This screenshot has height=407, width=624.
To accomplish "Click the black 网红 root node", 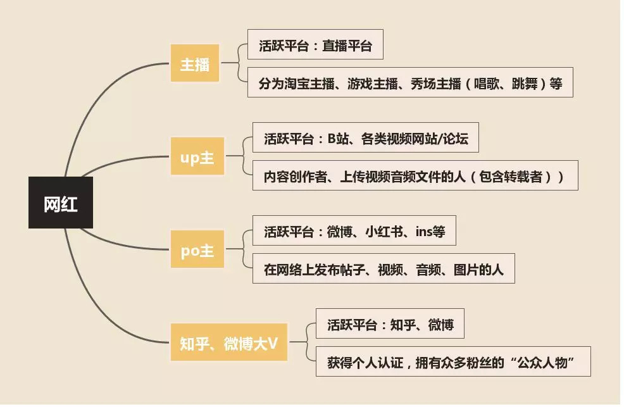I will click(61, 203).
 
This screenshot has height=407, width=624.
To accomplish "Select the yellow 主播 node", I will click(195, 63).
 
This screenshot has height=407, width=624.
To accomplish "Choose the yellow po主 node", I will click(197, 251).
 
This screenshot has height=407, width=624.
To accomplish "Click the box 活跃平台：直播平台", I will click(315, 46).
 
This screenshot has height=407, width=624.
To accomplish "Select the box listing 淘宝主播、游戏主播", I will click(410, 82).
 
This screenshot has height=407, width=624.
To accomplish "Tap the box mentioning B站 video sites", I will click(366, 139).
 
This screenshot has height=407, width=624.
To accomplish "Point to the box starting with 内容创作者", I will click(415, 176).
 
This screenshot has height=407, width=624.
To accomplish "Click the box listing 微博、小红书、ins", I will click(354, 232).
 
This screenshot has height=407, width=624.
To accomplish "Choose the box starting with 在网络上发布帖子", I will click(384, 270).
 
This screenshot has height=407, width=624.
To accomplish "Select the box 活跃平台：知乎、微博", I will click(390, 325).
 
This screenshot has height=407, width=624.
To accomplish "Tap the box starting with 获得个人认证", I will click(453, 363).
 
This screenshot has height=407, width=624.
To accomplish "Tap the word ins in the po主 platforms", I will click(423, 232).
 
